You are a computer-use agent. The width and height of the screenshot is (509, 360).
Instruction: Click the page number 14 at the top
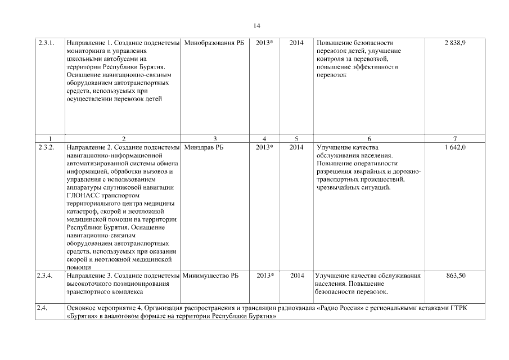(256, 26)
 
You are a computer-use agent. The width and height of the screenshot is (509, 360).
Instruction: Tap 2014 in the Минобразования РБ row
(296, 43)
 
